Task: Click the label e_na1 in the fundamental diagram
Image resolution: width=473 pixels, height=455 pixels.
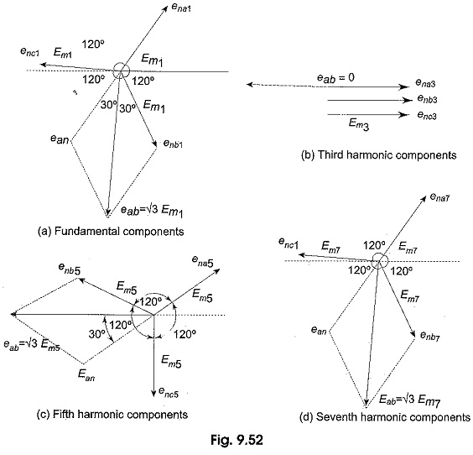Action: (181, 8)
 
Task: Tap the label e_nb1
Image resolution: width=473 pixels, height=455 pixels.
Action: (173, 144)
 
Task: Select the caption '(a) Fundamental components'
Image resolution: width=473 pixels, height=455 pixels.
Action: (111, 232)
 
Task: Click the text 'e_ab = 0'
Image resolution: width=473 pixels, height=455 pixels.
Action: (335, 78)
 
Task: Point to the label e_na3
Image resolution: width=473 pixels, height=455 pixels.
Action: (425, 83)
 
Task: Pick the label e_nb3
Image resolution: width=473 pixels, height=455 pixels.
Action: (427, 99)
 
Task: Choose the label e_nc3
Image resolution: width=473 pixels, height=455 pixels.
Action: (427, 115)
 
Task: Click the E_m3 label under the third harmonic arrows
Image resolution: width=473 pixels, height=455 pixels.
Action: (359, 124)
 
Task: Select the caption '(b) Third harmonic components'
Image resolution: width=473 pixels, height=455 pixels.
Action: (379, 155)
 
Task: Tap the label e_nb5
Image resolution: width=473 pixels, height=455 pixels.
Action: (70, 269)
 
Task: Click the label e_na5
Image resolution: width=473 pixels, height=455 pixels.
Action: (202, 261)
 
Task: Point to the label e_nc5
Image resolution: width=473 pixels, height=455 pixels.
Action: (169, 393)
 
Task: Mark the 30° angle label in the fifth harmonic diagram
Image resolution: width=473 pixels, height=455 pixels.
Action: (96, 334)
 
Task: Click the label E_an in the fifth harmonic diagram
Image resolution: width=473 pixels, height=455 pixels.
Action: (86, 375)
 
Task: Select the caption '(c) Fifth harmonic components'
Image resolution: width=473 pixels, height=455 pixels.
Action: (112, 414)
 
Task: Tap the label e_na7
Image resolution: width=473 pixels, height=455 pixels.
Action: (439, 197)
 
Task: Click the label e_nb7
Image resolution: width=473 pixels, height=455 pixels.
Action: (430, 336)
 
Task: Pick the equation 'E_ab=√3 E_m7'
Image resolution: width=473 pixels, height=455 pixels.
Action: (409, 400)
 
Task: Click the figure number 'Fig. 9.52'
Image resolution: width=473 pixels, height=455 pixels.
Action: (236, 440)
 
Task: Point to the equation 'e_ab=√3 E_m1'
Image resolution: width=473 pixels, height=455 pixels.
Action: (152, 211)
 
